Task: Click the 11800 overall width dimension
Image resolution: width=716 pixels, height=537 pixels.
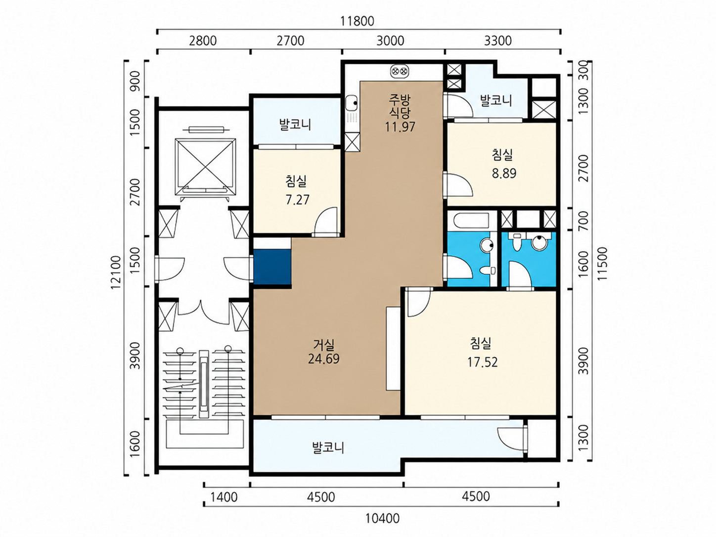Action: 357,21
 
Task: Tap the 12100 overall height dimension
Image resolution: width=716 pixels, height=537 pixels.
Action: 117,272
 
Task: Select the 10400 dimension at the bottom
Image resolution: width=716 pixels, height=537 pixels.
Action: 382,518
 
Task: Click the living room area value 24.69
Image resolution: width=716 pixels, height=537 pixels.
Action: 323,359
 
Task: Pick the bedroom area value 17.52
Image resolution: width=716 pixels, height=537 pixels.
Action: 483,362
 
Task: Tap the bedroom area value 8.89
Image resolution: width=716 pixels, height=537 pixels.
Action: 504,174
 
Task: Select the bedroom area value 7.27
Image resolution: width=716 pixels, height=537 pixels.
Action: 297,200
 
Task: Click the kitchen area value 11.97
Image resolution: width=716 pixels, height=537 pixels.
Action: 400,127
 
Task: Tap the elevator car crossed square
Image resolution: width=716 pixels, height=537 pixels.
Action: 206,167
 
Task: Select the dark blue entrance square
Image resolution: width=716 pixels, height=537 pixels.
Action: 272,268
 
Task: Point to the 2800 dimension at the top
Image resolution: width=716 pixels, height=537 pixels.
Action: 202,41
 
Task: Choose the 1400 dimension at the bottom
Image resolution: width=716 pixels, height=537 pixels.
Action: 224,497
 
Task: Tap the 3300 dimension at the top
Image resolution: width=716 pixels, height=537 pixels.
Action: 498,41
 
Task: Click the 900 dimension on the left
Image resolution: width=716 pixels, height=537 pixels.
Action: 134,81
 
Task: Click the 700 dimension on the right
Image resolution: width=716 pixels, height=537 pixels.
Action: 583,221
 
